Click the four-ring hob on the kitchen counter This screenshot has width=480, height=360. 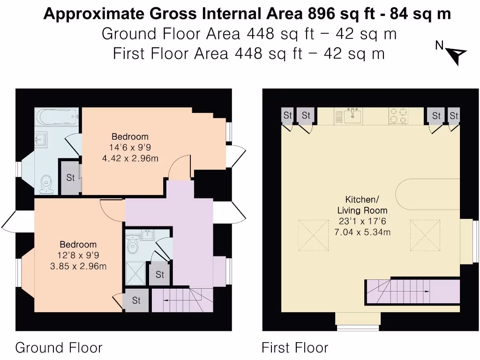point(398,116)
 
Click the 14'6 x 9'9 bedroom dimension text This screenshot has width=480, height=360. point(130,148)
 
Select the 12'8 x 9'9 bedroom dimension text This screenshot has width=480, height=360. point(78,255)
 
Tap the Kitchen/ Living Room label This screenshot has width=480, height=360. point(362,204)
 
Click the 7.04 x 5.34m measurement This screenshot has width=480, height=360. point(362,232)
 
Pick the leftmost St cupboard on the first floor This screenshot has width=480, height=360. point(287,115)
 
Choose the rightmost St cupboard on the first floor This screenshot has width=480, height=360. point(453,115)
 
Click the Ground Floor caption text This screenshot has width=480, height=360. point(59,348)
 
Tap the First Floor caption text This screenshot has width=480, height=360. point(295,348)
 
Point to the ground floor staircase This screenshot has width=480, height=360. point(181,300)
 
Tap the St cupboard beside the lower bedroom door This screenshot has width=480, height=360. point(136,300)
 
